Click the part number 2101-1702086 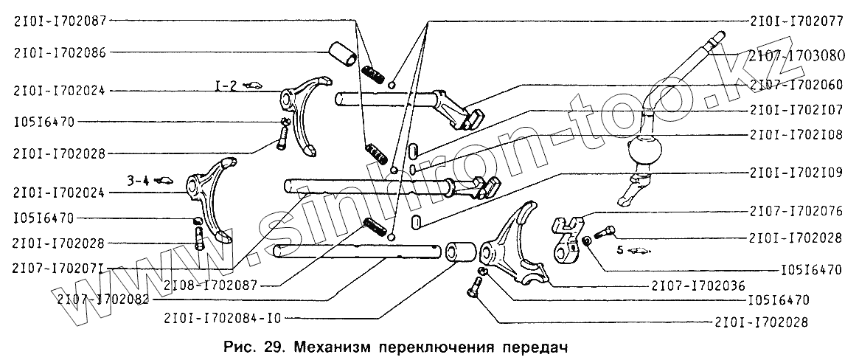(x=58, y=52)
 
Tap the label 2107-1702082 (x=102, y=301)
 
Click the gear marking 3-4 (x=138, y=179)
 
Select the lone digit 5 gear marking (x=620, y=250)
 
